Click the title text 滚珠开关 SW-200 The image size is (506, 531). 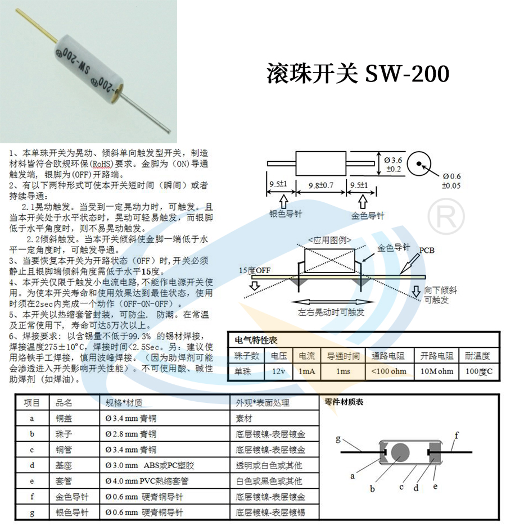point(358,73)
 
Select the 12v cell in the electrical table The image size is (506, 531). point(278,371)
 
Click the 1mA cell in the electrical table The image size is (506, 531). point(307,371)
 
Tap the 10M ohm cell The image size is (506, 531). point(437,371)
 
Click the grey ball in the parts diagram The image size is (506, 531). point(400,452)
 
